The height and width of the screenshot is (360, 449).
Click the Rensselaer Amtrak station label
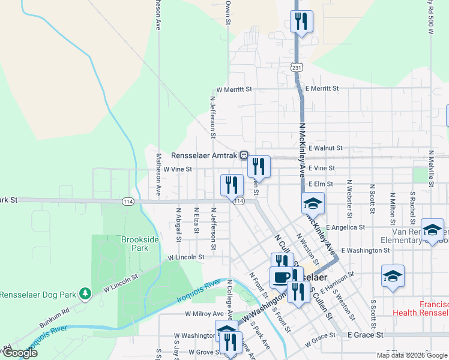205,155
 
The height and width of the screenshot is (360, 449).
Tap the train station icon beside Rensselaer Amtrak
244,155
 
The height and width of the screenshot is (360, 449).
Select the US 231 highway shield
297,68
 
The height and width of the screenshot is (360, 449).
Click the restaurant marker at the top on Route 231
300,22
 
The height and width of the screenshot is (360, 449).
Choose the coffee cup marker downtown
281,277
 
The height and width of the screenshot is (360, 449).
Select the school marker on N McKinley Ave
313,204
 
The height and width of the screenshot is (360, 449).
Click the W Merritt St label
234,89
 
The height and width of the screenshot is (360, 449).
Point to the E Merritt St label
322,88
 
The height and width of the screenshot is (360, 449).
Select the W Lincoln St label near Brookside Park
186,257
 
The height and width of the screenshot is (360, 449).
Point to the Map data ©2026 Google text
411,355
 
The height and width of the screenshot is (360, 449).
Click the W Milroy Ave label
204,314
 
